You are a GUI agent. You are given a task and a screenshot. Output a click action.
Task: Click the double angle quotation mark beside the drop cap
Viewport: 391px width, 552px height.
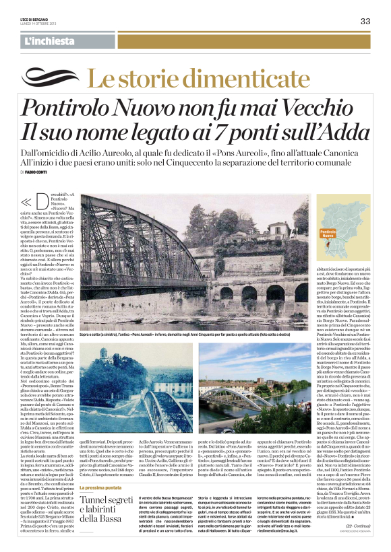[27, 201]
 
